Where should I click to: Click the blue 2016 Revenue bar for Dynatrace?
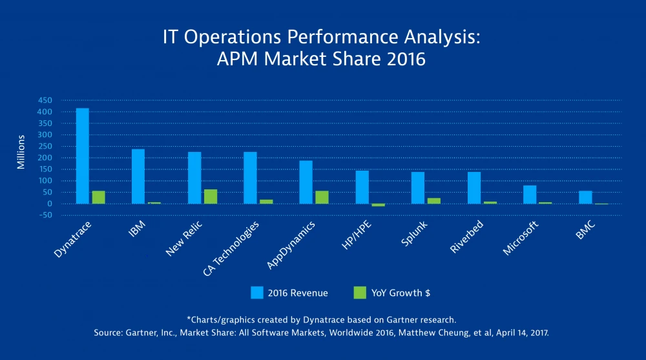coord(83,156)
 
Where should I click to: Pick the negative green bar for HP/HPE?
coord(378,205)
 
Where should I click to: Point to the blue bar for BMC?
coord(585,197)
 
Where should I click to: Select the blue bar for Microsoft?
coord(530,195)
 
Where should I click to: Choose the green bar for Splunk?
coord(433,201)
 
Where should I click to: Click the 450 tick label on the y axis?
coord(45,101)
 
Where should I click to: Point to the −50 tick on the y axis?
coord(43,216)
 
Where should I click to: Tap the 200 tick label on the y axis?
coord(45,158)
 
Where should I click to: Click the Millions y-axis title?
coord(21,153)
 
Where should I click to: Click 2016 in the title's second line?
coord(404,59)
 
